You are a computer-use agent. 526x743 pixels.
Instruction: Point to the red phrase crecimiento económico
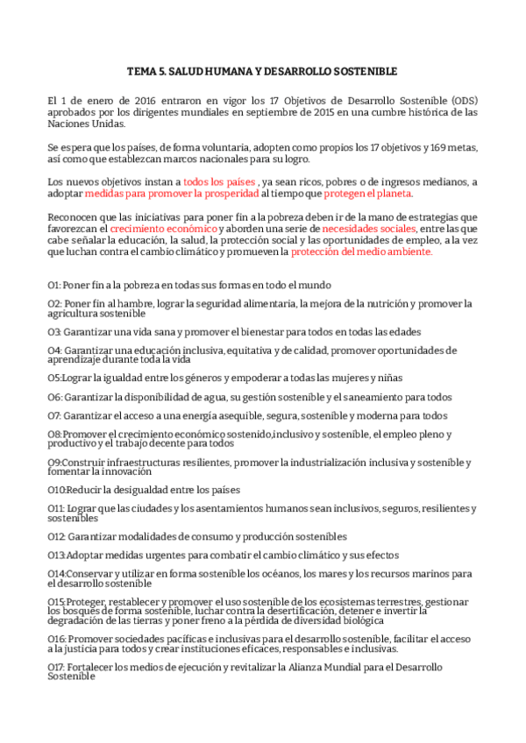(x=163, y=228)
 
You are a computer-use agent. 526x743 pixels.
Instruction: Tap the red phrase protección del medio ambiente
(x=361, y=251)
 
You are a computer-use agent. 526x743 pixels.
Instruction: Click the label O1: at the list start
(x=54, y=285)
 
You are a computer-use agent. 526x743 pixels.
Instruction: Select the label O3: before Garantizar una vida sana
(x=55, y=332)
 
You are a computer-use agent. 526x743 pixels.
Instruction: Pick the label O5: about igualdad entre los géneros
(x=54, y=378)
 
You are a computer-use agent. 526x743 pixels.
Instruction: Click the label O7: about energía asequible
(x=55, y=415)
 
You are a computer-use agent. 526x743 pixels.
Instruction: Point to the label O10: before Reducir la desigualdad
(x=57, y=489)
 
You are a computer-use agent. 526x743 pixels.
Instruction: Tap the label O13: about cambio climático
(x=57, y=555)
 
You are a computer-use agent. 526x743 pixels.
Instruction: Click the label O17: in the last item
(x=57, y=667)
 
